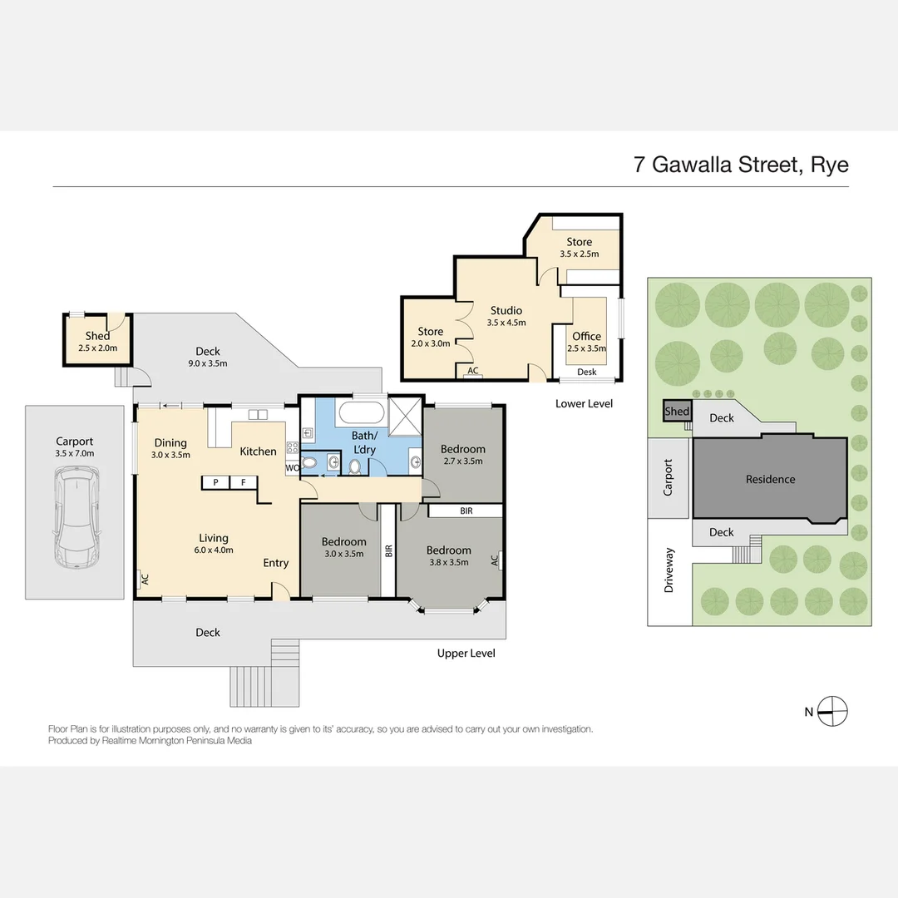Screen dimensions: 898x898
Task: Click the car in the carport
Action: (75, 516)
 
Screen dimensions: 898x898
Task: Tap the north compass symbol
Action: (832, 711)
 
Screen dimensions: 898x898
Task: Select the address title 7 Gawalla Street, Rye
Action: (741, 164)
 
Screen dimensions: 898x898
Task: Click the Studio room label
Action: (506, 310)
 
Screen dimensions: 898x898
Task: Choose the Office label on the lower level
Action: (586, 336)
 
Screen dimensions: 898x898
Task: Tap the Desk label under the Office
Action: (586, 372)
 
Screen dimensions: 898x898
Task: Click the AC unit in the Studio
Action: (472, 372)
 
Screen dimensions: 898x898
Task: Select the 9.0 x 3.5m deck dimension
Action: (208, 363)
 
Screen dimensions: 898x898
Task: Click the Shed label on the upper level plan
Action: (97, 336)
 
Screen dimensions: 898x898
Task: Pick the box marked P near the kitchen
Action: (215, 481)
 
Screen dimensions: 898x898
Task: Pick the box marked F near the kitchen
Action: (244, 481)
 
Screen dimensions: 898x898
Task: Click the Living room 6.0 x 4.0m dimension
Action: (214, 550)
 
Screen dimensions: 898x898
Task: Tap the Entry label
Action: (276, 563)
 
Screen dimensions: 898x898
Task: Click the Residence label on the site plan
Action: (770, 479)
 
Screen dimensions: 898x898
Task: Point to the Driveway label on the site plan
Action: (669, 570)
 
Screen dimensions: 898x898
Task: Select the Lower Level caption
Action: (584, 403)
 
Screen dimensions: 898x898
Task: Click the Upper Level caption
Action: (466, 653)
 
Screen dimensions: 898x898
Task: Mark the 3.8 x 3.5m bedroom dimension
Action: (449, 562)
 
